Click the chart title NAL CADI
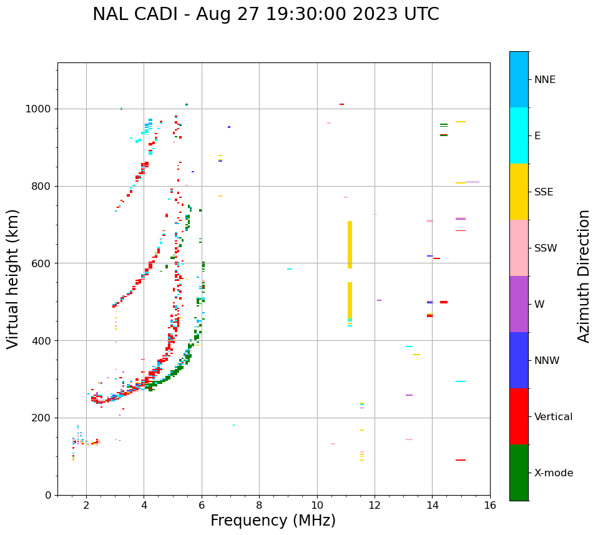point(265,14)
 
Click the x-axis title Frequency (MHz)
point(273,521)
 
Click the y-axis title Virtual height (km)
point(13,279)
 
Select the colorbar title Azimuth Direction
point(584,276)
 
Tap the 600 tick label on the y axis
point(43,263)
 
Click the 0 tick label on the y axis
point(47,495)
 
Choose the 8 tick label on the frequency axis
point(259,504)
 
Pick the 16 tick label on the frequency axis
point(490,504)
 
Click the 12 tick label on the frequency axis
point(375,504)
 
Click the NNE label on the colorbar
point(544,80)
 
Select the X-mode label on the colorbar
point(553,473)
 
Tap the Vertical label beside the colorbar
point(553,417)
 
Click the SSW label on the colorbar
point(546,248)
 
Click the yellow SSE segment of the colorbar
point(519,192)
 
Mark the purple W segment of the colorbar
point(519,304)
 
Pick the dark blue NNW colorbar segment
point(519,360)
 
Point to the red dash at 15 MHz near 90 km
point(461,460)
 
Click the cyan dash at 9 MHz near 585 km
point(290,269)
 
